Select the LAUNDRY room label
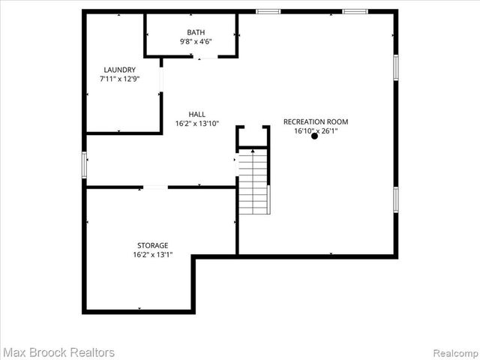pyautogui.click(x=119, y=69)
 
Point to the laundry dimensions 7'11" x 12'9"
pyautogui.click(x=119, y=79)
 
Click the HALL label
pyautogui.click(x=197, y=114)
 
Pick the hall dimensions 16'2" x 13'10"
pyautogui.click(x=197, y=124)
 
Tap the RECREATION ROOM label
pyautogui.click(x=315, y=121)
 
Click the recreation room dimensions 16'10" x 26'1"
pyautogui.click(x=315, y=131)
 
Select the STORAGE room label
pyautogui.click(x=152, y=245)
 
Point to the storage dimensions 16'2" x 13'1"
pyautogui.click(x=152, y=255)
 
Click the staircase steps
pyautogui.click(x=253, y=184)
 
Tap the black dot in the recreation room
pyautogui.click(x=314, y=136)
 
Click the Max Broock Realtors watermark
pyautogui.click(x=58, y=352)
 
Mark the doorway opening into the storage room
pyautogui.click(x=154, y=187)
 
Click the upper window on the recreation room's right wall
pyautogui.click(x=395, y=67)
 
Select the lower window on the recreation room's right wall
pyautogui.click(x=395, y=199)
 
